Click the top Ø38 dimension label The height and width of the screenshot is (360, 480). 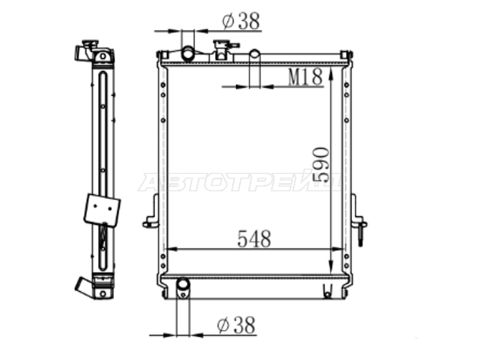tap(242, 21)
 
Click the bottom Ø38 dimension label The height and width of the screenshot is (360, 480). tap(236, 325)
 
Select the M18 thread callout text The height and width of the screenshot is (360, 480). tap(305, 77)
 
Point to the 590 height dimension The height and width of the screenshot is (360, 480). tap(321, 165)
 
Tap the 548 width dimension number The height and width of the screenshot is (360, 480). tap(254, 239)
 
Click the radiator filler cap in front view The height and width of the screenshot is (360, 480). tap(224, 49)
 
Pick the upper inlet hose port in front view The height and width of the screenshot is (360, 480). tap(188, 53)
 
